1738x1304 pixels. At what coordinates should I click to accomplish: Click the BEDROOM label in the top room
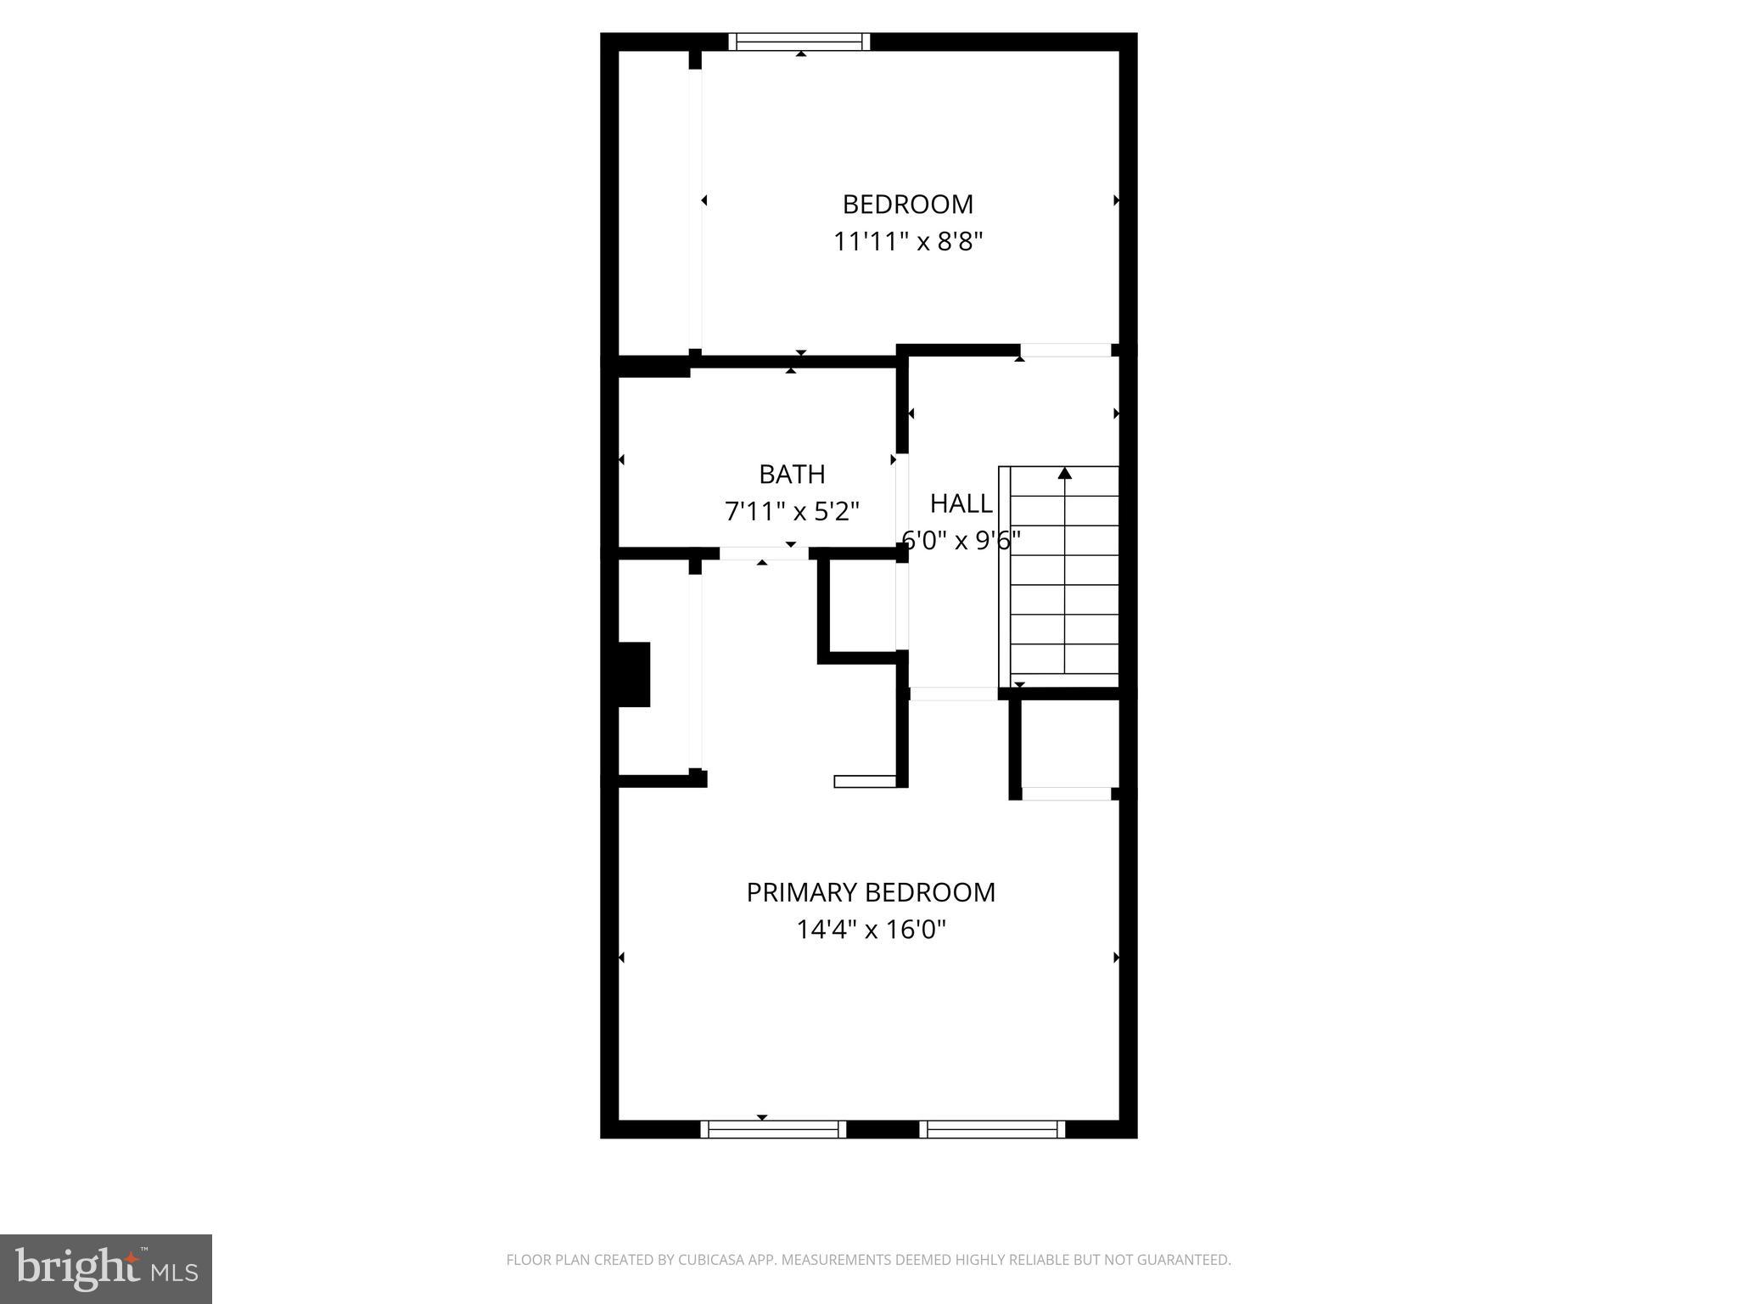(907, 205)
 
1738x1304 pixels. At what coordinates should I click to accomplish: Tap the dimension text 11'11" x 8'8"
(907, 242)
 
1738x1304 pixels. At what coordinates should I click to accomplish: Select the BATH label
(792, 474)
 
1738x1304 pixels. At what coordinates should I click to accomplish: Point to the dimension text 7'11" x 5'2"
(792, 511)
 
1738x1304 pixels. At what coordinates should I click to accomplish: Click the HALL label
(961, 503)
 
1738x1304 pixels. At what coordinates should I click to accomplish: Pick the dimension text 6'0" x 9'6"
(961, 540)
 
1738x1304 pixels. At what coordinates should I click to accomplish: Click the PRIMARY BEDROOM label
(871, 892)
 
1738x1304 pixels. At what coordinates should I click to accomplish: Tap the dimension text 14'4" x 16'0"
(871, 930)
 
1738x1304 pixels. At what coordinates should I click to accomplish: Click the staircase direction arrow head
(1064, 474)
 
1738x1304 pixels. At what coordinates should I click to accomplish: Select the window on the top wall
(799, 42)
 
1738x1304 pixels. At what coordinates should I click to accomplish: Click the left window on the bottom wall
(773, 1129)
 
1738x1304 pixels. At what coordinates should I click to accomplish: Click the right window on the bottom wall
(992, 1129)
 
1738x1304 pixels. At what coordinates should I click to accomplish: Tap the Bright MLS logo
(105, 1269)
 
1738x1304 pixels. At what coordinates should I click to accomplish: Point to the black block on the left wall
(634, 674)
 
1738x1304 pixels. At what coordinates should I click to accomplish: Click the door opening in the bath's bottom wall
(764, 554)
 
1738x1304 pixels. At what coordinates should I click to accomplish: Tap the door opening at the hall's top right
(1065, 350)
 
